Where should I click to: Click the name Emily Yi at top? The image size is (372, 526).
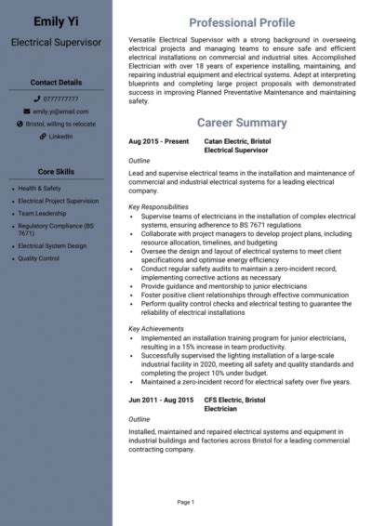(56, 20)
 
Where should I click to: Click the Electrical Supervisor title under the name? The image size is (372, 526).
(56, 42)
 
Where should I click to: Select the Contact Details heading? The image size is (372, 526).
(56, 83)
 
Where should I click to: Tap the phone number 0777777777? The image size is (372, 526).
(60, 98)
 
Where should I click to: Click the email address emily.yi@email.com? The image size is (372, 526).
(60, 111)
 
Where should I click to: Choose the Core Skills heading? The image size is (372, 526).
(56, 172)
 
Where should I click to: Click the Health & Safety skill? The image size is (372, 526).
(39, 188)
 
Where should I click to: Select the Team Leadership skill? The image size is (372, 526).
(43, 212)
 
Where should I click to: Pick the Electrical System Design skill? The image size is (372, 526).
(52, 246)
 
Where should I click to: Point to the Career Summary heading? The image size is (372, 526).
(242, 123)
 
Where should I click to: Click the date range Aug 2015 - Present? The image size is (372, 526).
(158, 141)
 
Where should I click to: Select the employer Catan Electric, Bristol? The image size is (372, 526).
(237, 141)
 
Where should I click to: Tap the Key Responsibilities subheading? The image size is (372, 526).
(158, 206)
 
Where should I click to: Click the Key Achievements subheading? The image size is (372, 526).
(155, 329)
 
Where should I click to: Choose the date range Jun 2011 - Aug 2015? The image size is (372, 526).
(161, 400)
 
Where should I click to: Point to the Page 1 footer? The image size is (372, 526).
(185, 503)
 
